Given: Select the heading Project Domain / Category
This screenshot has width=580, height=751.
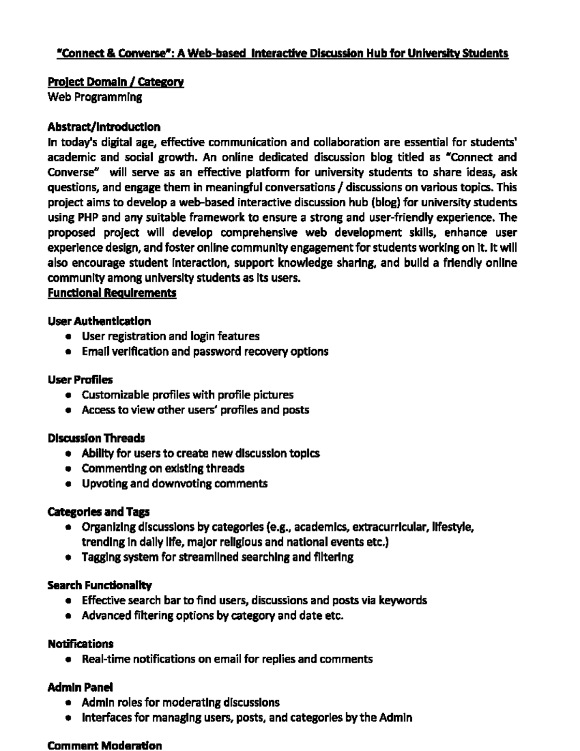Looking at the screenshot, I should [x=116, y=82].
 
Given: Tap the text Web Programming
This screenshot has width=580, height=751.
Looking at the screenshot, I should [x=95, y=97].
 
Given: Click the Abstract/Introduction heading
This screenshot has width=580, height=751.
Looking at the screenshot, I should [x=104, y=127].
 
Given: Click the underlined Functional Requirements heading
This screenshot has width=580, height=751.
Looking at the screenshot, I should [x=112, y=293].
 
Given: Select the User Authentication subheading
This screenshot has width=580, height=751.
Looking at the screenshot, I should [x=99, y=321].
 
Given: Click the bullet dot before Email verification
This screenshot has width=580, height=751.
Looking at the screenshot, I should [x=70, y=352].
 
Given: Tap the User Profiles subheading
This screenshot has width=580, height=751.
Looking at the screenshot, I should [x=80, y=380].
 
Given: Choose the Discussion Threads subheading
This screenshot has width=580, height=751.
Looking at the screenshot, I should [x=96, y=438].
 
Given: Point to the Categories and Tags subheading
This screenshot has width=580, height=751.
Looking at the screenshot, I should [x=99, y=512].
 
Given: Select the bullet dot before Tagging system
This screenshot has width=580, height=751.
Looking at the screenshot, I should [x=70, y=558].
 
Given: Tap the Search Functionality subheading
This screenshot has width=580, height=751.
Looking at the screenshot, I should [x=100, y=586].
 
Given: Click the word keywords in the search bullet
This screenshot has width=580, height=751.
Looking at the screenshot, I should [x=403, y=601].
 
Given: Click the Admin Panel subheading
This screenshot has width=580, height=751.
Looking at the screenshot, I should [x=80, y=687].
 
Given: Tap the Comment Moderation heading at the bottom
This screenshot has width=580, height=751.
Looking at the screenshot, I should [x=105, y=745].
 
